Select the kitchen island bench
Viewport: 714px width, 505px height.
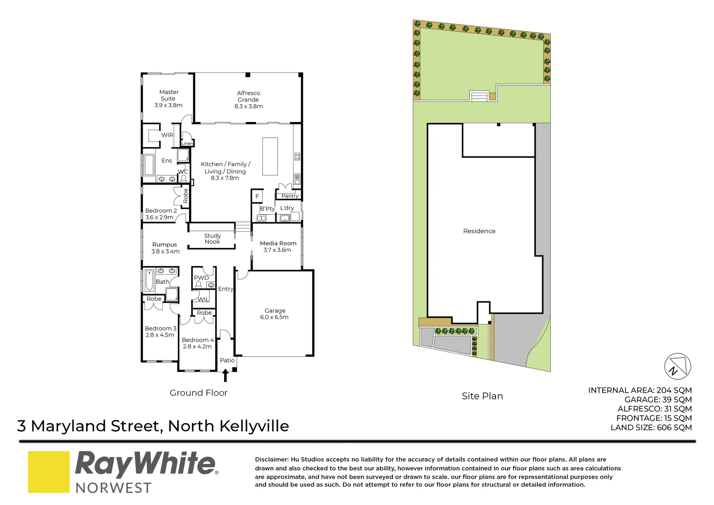click(270, 156)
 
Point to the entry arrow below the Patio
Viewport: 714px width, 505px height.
click(226, 375)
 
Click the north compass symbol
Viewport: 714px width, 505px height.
click(678, 366)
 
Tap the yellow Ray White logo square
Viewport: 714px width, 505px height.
click(49, 471)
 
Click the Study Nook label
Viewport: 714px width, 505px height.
click(212, 238)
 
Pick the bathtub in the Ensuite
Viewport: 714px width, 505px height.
click(149, 165)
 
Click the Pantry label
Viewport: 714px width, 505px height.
click(290, 196)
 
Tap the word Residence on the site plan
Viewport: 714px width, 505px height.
click(479, 231)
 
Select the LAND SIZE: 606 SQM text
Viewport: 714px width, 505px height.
click(651, 427)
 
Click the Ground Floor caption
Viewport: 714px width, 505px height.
click(198, 393)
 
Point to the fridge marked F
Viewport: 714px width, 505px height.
click(257, 196)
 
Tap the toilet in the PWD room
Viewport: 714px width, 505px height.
click(198, 284)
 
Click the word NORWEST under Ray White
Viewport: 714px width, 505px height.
click(113, 488)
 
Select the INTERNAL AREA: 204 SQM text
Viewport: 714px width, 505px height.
click(640, 390)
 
